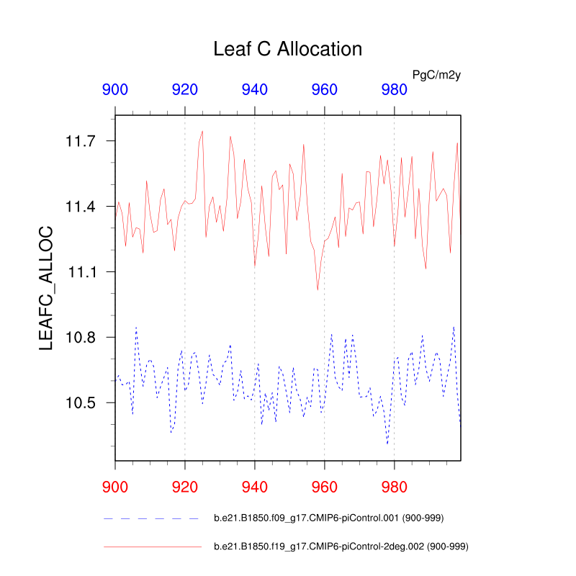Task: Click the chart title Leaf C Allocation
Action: pyautogui.click(x=287, y=49)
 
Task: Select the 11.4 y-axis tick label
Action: pyautogui.click(x=81, y=207)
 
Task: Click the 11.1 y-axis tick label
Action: pyautogui.click(x=81, y=272)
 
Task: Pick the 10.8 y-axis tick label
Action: pyautogui.click(x=81, y=338)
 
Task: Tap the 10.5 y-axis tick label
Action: pyautogui.click(x=81, y=402)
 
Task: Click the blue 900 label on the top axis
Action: pyautogui.click(x=115, y=90)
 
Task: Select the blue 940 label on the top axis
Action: pyautogui.click(x=255, y=90)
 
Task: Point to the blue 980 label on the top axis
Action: pyautogui.click(x=394, y=90)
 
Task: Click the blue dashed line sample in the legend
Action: pyautogui.click(x=152, y=518)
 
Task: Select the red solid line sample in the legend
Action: pyautogui.click(x=152, y=547)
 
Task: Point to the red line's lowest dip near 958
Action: pyautogui.click(x=318, y=289)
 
